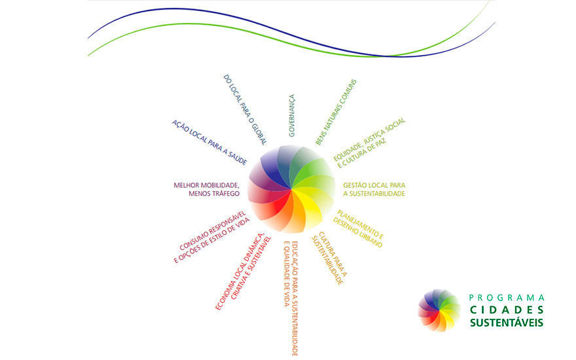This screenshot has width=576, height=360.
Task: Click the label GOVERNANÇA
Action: click(x=292, y=116)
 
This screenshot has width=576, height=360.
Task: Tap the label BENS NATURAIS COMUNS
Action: click(x=336, y=112)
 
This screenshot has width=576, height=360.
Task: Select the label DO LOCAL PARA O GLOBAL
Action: click(x=245, y=109)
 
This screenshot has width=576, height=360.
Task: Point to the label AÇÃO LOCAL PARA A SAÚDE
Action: click(x=209, y=143)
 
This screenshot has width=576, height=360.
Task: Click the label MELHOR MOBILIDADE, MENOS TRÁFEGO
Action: click(x=207, y=189)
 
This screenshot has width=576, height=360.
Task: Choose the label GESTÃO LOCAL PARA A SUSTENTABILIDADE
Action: click(x=374, y=189)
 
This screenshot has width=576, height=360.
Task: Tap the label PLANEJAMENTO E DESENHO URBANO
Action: click(x=359, y=228)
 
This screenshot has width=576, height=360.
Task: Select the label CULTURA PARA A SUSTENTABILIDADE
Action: click(x=329, y=258)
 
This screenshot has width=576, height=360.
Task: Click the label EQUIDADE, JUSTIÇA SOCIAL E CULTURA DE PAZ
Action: click(x=370, y=143)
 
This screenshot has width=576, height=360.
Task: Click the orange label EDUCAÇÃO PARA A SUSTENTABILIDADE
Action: click(x=295, y=298)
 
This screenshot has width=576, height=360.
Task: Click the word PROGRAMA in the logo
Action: click(x=507, y=298)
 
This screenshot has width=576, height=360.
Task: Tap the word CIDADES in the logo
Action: click(x=507, y=310)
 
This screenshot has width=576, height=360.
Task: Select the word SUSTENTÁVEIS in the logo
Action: click(x=507, y=323)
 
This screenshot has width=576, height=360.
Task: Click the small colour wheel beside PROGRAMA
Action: click(x=439, y=310)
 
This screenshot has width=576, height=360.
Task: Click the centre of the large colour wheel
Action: click(x=292, y=189)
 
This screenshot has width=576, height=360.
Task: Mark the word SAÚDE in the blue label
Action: click(x=238, y=158)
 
